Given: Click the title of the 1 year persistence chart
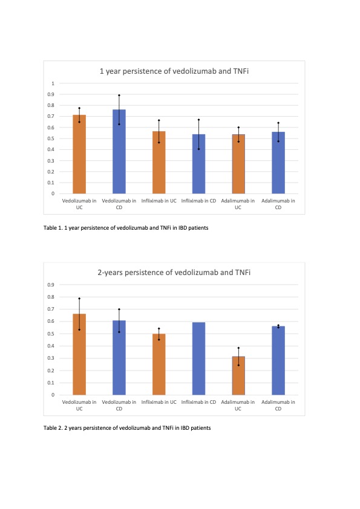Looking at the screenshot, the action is pyautogui.click(x=174, y=71).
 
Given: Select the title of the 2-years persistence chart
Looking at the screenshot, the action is pyautogui.click(x=174, y=273).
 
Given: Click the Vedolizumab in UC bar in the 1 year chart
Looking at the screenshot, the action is pyautogui.click(x=79, y=154).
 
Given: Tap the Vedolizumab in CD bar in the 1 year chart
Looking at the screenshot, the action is pyautogui.click(x=119, y=152).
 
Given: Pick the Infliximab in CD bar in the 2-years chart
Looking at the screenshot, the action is pyautogui.click(x=198, y=358).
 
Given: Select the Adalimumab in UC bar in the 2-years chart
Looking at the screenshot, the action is pyautogui.click(x=238, y=375).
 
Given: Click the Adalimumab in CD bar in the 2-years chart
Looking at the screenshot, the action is pyautogui.click(x=278, y=361).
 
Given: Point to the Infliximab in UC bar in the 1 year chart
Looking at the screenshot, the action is pyautogui.click(x=159, y=162).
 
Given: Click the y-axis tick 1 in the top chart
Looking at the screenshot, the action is pyautogui.click(x=53, y=83).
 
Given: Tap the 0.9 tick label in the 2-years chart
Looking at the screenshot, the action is pyautogui.click(x=51, y=285).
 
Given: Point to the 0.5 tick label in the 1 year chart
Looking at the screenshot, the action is pyautogui.click(x=51, y=138).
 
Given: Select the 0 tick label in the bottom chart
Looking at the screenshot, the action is pyautogui.click(x=53, y=395).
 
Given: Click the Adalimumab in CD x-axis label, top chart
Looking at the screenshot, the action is pyautogui.click(x=278, y=204).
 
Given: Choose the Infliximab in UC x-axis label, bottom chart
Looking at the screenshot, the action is pyautogui.click(x=159, y=402).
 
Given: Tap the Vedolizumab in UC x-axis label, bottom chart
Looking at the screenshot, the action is pyautogui.click(x=79, y=405).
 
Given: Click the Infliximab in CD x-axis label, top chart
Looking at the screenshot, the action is pyautogui.click(x=198, y=201).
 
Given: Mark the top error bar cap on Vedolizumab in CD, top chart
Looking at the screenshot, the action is pyautogui.click(x=119, y=95).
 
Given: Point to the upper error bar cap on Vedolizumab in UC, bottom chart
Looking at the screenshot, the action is pyautogui.click(x=79, y=298).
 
